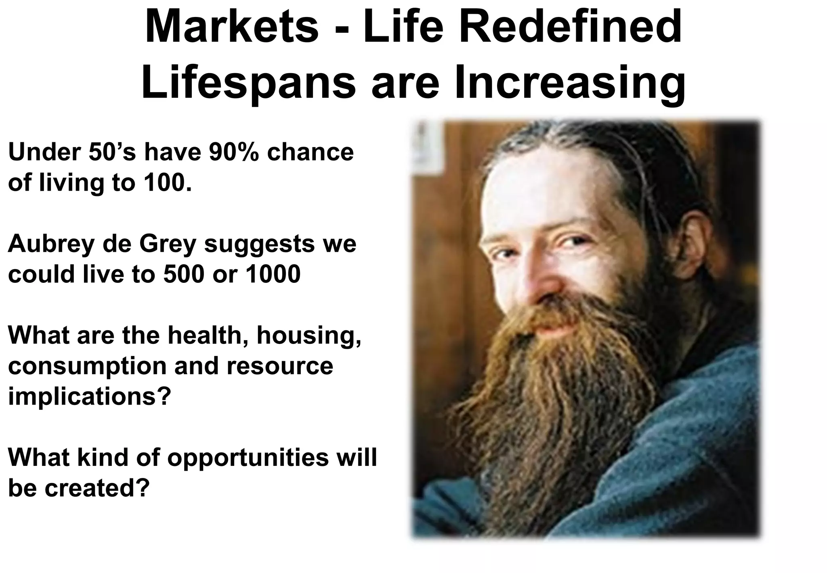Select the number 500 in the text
click(184, 275)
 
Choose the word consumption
click(87, 367)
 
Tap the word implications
click(87, 397)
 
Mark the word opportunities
click(248, 458)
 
